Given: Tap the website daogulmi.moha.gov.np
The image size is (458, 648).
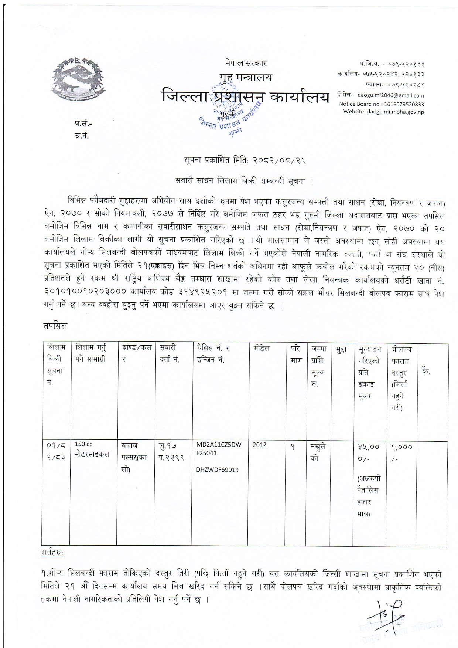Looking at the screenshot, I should pyautogui.click(x=383, y=112).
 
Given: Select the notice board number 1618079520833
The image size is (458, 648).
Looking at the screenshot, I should pyautogui.click(x=382, y=104).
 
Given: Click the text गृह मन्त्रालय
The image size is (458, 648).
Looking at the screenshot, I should pyautogui.click(x=245, y=77).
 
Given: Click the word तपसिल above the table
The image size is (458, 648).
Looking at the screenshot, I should pyautogui.click(x=55, y=326).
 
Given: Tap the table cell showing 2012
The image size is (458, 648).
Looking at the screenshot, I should pyautogui.click(x=259, y=445).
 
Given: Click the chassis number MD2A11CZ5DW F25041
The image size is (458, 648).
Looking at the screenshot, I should pyautogui.click(x=218, y=449).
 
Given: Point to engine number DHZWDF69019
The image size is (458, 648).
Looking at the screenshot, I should pyautogui.click(x=217, y=470).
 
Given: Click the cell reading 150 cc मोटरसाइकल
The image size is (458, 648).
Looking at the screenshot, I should pyautogui.click(x=92, y=449).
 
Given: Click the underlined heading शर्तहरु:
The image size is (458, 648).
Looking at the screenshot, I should pyautogui.click(x=52, y=553).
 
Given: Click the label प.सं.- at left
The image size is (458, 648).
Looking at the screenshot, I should pyautogui.click(x=83, y=123).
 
